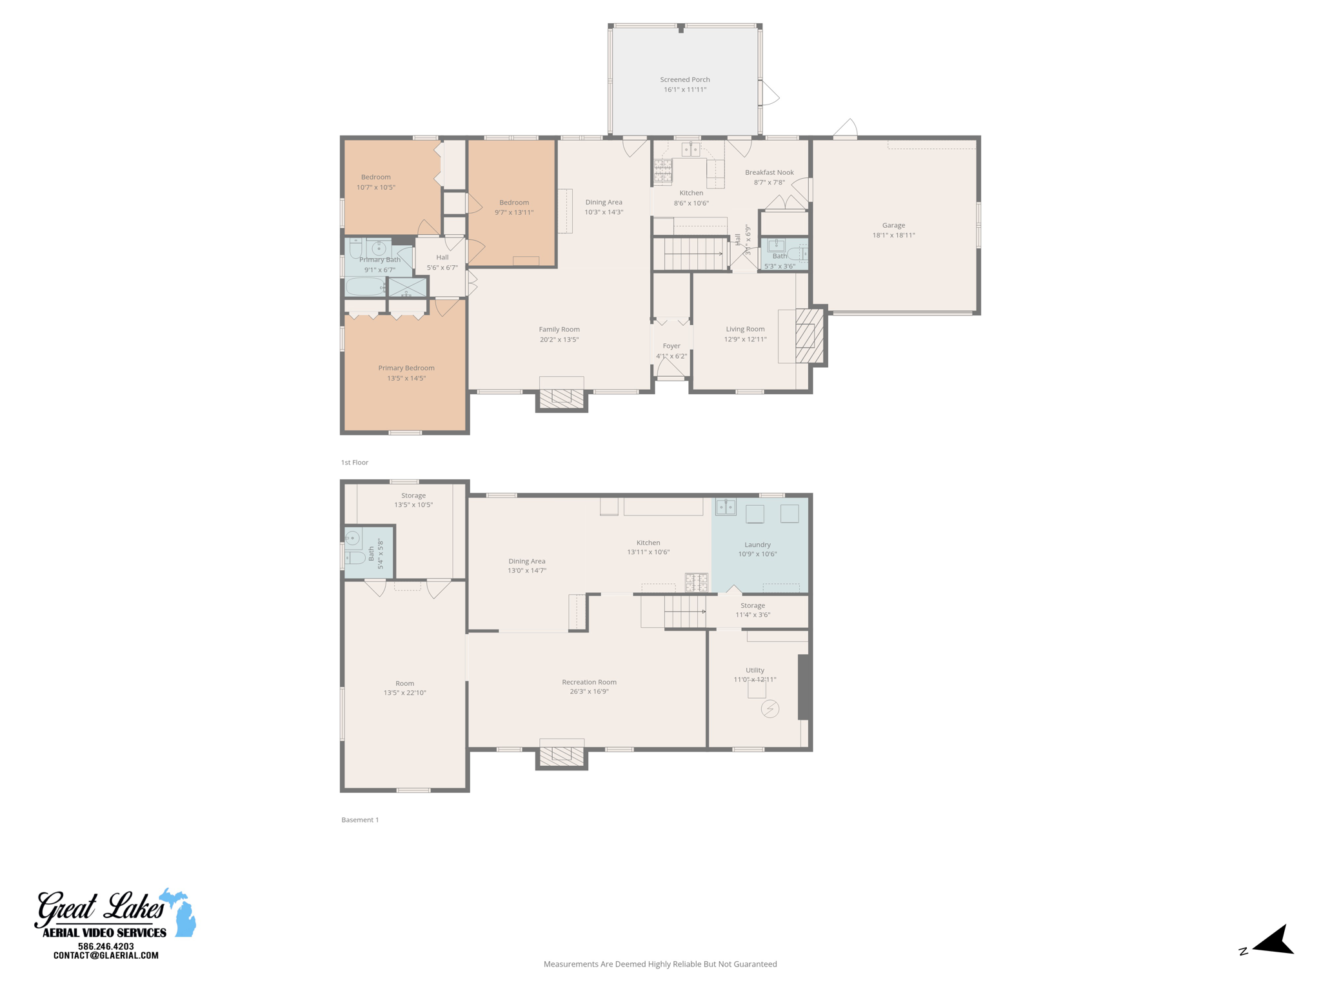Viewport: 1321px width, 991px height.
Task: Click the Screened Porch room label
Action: tap(684, 79)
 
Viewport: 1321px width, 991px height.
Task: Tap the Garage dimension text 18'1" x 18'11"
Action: tap(893, 235)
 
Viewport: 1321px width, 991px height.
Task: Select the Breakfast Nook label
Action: tap(769, 172)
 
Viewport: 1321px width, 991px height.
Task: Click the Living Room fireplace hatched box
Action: tap(809, 335)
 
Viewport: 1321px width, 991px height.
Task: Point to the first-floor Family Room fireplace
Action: tap(561, 398)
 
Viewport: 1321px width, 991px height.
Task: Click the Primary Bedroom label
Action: tap(406, 368)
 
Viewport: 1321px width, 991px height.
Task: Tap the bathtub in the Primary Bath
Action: tap(364, 286)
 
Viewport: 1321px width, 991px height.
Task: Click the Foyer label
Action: tap(671, 346)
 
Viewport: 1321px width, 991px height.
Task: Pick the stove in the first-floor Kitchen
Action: tap(662, 172)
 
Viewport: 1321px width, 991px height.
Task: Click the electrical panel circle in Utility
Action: tap(770, 709)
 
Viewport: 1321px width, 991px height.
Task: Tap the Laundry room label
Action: tap(757, 545)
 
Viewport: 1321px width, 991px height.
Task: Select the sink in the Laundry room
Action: tap(726, 506)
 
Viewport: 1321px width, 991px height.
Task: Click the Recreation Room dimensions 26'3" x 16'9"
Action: tap(589, 692)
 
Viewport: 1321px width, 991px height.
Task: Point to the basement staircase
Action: tap(684, 612)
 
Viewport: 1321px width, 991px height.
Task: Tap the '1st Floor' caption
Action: tap(354, 463)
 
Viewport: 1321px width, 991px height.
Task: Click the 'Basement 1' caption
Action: tap(360, 820)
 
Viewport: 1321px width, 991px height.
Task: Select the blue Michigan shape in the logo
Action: tap(182, 913)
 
